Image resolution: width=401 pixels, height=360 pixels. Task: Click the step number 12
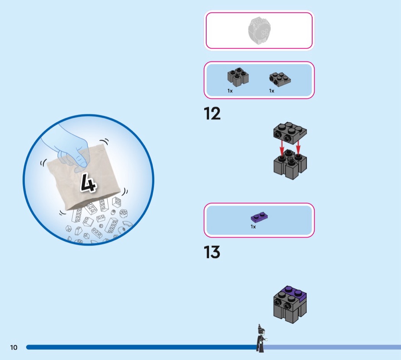click(212, 114)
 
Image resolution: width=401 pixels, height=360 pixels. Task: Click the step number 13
click(212, 252)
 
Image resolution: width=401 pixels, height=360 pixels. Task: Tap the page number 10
click(14, 347)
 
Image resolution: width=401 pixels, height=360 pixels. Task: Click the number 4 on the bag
click(88, 182)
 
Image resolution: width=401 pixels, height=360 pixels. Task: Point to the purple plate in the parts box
click(259, 217)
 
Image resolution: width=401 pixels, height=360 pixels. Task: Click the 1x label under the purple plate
click(253, 227)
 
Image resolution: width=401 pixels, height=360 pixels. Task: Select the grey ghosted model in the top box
click(259, 31)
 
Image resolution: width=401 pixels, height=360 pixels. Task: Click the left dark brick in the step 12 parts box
click(238, 77)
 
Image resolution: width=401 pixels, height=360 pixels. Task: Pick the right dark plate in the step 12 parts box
click(280, 79)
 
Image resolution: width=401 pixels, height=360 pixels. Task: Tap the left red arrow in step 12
click(282, 148)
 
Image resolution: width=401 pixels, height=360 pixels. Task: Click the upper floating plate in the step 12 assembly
click(290, 133)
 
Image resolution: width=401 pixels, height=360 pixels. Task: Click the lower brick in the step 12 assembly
click(290, 164)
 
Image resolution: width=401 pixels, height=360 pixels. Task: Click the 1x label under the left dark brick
click(230, 91)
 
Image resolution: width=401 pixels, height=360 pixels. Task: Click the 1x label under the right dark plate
click(272, 91)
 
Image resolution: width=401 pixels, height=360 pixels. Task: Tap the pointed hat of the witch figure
click(260, 327)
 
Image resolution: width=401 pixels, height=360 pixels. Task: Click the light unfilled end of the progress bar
click(333, 347)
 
